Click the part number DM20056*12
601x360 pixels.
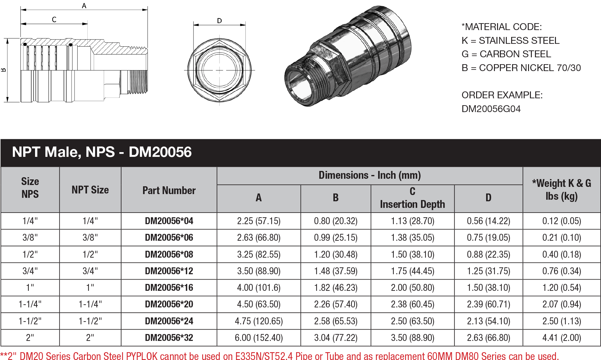point(169,271)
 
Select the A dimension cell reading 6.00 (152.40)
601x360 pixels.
point(259,338)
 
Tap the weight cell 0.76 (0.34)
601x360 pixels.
point(562,271)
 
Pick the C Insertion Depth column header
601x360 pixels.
point(412,198)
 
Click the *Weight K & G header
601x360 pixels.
point(562,190)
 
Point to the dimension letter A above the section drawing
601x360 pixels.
point(84,6)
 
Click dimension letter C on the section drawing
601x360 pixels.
point(54,20)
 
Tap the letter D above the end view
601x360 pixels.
point(219,21)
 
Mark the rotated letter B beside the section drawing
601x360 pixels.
point(4,70)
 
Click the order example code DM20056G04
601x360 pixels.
point(491,109)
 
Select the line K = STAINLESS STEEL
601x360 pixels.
point(510,41)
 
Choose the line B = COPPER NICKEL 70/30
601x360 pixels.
point(521,68)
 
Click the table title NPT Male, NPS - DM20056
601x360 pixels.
point(102,152)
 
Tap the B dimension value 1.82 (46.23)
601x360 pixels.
point(336,288)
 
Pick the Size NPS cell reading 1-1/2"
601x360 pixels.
point(30,321)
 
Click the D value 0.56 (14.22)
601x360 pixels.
point(488,221)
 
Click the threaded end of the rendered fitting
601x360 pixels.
point(300,83)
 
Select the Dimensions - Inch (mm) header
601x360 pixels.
point(369,175)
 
